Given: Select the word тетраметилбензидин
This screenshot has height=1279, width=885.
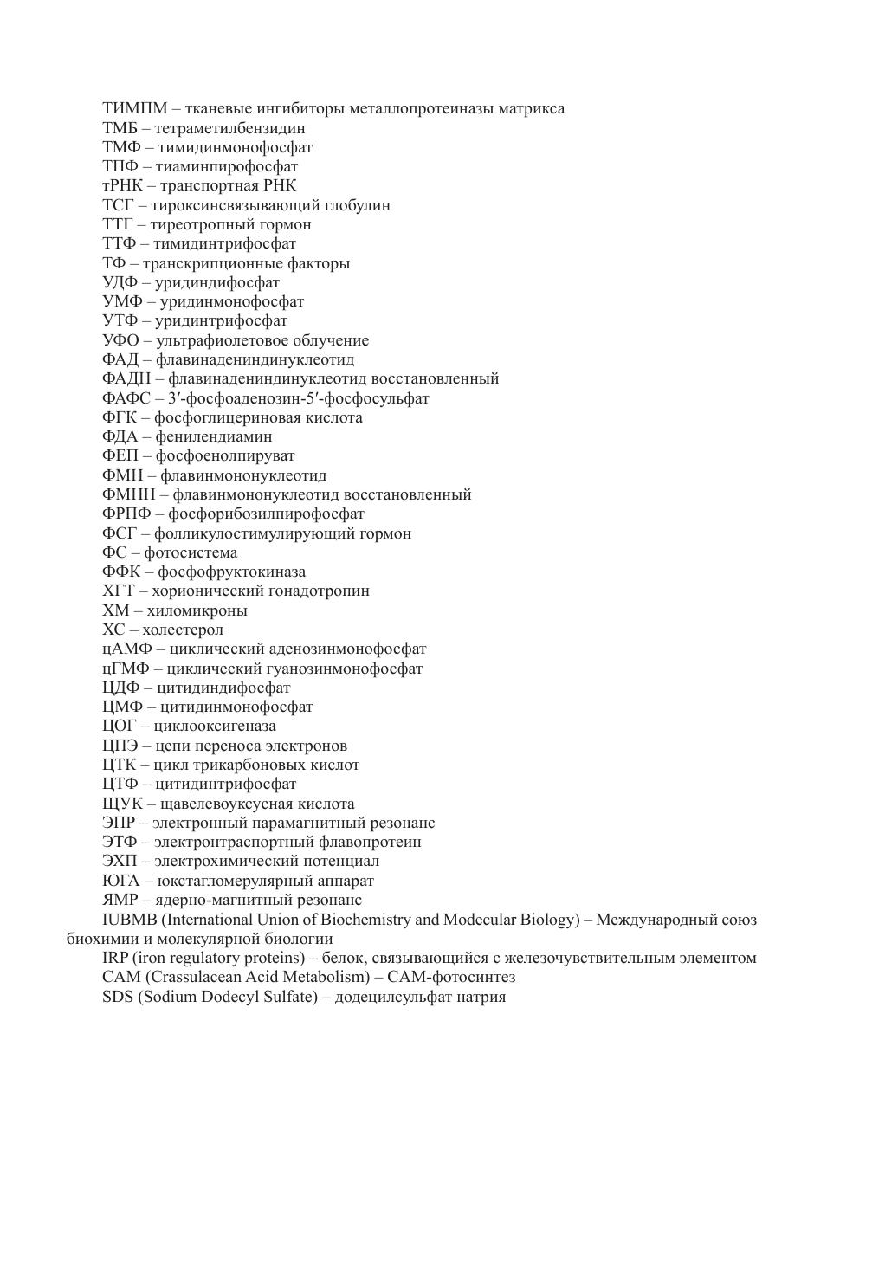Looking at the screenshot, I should (x=229, y=128).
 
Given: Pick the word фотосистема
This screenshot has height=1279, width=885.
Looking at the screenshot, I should (x=191, y=552).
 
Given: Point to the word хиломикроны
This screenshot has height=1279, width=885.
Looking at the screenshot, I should (x=197, y=610).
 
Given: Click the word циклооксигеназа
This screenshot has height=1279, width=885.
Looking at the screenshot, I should (x=215, y=726).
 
